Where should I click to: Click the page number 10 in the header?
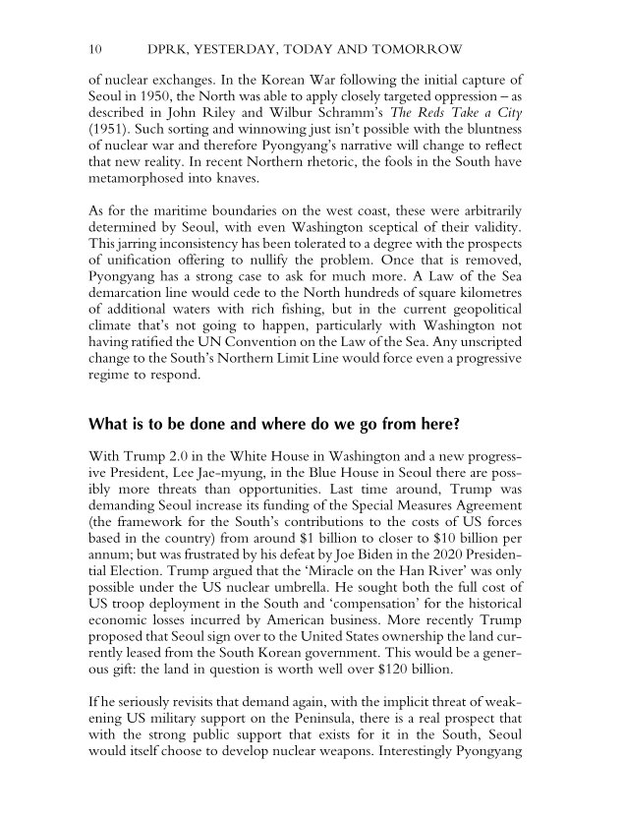click(x=94, y=48)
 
